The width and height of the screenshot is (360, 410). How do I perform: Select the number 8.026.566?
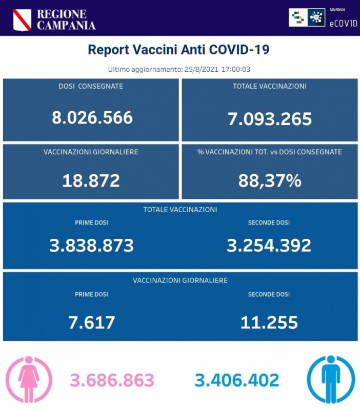92,117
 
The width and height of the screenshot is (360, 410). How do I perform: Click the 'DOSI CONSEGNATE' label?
91,86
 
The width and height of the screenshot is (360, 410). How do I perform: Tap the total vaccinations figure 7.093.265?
270,119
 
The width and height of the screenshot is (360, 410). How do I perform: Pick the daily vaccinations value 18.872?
91,180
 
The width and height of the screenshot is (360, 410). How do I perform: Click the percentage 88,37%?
270,180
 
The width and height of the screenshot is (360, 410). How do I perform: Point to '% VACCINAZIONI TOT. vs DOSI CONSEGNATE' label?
270,152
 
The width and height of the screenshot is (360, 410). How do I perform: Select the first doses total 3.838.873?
91,245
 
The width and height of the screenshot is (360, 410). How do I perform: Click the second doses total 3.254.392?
269,245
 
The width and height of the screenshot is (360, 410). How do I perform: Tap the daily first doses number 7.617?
91,322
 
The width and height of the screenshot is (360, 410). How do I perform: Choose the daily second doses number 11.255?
269,322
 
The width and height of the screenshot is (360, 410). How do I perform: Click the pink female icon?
29,379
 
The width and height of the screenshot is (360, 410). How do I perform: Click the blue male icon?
331,379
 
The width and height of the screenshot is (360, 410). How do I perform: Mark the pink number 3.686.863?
112,380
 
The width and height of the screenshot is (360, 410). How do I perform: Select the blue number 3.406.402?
237,380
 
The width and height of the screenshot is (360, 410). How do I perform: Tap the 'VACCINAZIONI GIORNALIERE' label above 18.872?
91,152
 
